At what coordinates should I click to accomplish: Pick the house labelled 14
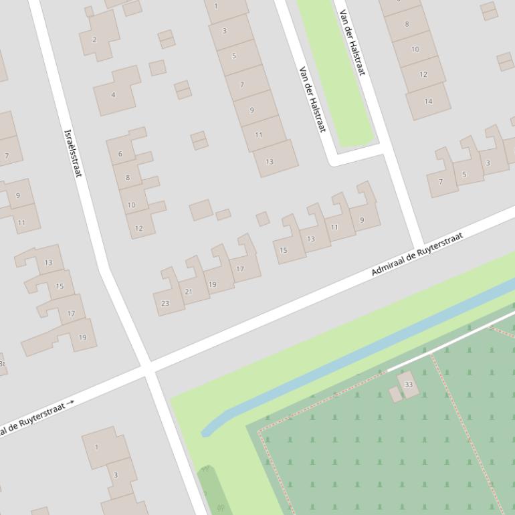(x=428, y=101)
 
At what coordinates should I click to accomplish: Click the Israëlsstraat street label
(x=72, y=153)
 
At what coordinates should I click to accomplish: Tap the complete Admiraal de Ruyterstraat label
(x=417, y=255)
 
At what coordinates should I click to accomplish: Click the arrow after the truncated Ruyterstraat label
(x=71, y=402)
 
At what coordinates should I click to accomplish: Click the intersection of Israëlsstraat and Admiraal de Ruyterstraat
(x=148, y=367)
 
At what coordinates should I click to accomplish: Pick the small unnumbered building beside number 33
(x=396, y=395)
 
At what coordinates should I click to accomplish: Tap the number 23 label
(x=165, y=304)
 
